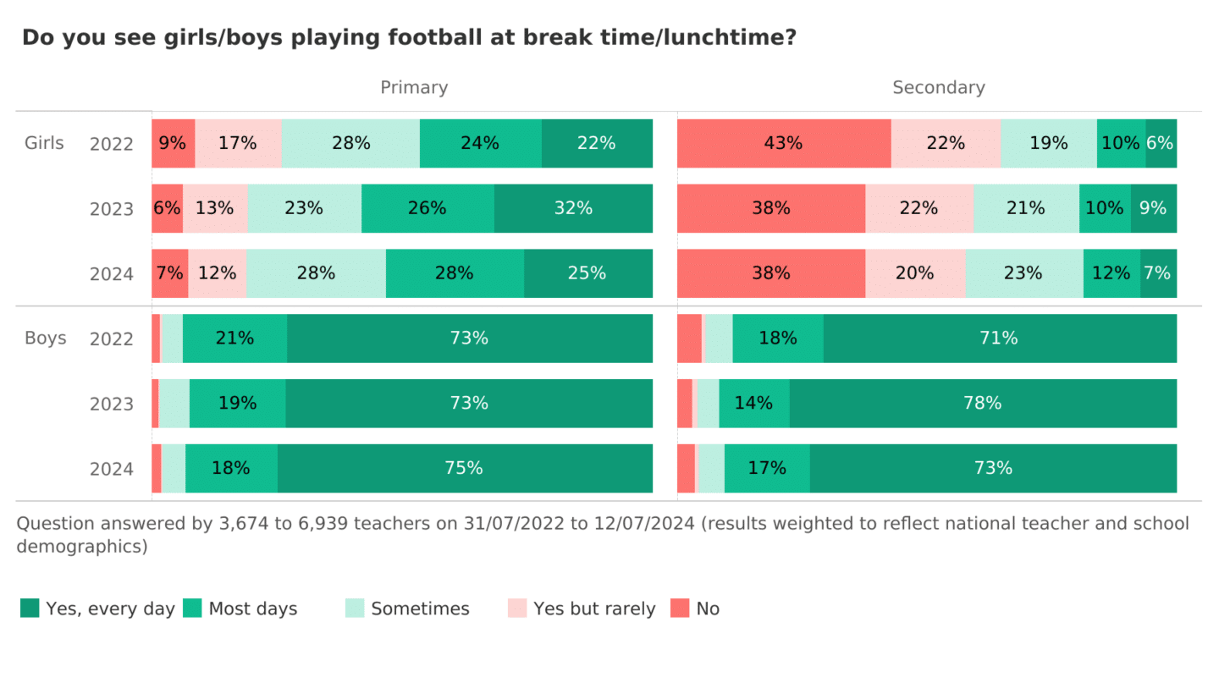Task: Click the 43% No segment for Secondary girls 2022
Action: click(784, 143)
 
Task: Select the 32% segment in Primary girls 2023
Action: click(573, 208)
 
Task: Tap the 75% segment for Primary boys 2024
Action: click(465, 468)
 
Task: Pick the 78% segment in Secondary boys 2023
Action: click(983, 404)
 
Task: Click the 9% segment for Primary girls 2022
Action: click(173, 143)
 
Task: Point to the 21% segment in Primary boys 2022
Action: click(234, 338)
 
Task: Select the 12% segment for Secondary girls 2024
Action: click(1111, 273)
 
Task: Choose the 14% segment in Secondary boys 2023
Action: click(753, 404)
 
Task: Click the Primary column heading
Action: click(414, 87)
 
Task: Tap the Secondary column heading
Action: click(938, 87)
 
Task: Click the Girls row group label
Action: click(44, 142)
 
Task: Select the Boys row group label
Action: click(45, 338)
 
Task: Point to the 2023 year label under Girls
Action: click(112, 209)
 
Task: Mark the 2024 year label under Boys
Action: click(112, 469)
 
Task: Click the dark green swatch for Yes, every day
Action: click(30, 608)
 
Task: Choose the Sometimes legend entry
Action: click(420, 608)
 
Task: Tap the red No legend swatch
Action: click(680, 608)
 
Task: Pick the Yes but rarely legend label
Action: click(594, 608)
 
